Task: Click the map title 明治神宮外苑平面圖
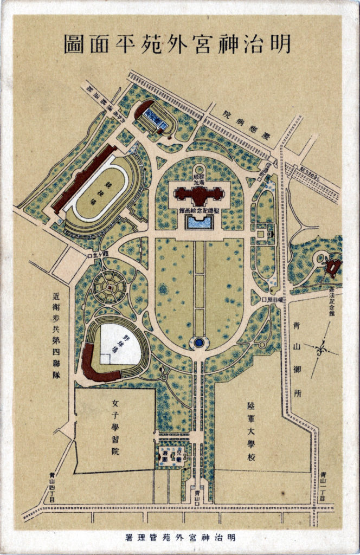click(x=177, y=44)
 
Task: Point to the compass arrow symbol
click(x=321, y=346)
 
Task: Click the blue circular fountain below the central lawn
click(x=200, y=343)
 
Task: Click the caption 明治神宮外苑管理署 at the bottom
click(x=179, y=538)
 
